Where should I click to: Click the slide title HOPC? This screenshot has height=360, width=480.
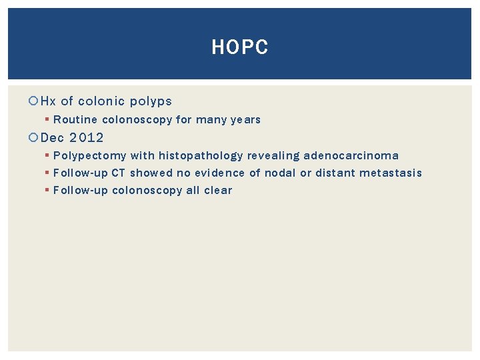tap(239, 47)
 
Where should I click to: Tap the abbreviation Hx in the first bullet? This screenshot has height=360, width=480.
tap(49, 101)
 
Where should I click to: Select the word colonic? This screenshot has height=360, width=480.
tap(101, 101)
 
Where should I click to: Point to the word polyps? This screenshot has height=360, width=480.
tap(151, 101)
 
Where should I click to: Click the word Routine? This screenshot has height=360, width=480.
tap(75, 120)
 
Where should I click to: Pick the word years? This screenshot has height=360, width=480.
tap(245, 120)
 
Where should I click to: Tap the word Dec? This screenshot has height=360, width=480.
tap(52, 138)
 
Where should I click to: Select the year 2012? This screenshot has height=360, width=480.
tap(87, 138)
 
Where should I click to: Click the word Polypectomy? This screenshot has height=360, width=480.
tap(90, 156)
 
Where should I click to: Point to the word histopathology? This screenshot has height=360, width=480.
tap(201, 156)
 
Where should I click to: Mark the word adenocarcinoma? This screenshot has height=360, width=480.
tap(351, 156)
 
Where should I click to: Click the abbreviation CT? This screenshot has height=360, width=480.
tap(118, 173)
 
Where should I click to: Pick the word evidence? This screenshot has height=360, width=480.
tap(219, 173)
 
